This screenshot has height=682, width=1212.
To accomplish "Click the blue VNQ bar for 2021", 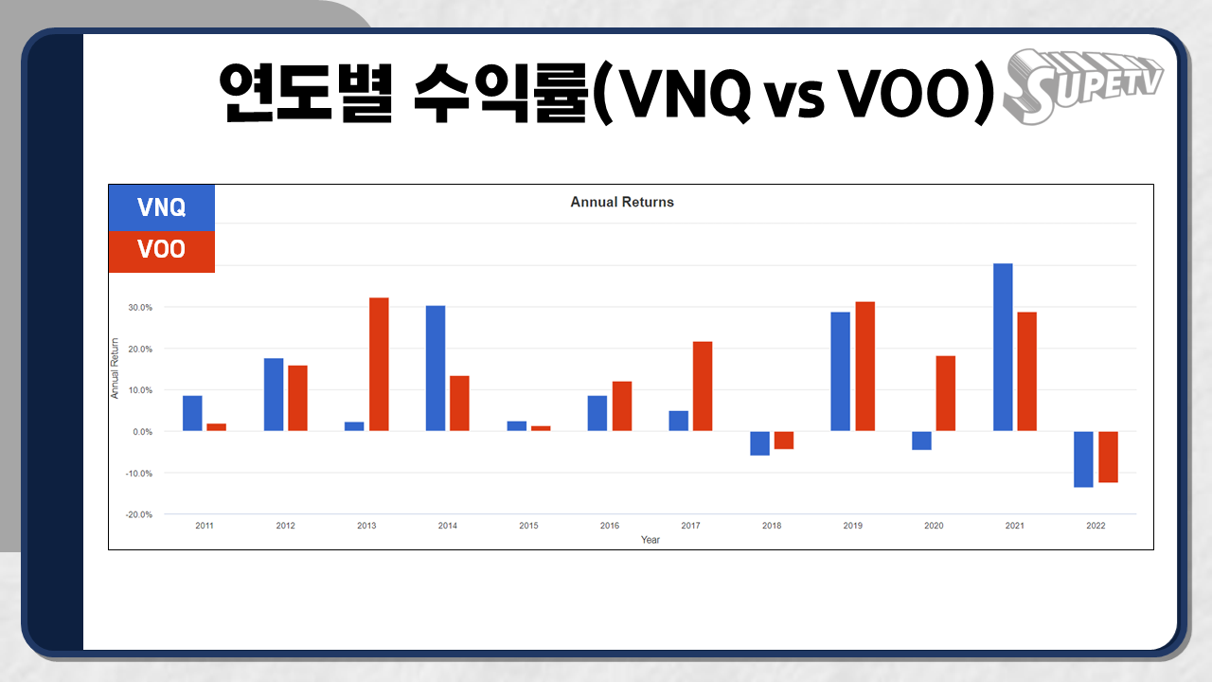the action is pos(1003,347).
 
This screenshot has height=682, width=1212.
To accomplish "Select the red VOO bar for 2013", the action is pos(379,365).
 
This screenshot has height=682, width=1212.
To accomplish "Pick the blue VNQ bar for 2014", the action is pos(436,368).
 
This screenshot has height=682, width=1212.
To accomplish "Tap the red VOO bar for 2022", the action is pos(1108,457).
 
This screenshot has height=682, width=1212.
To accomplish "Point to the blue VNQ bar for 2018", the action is pos(759,443).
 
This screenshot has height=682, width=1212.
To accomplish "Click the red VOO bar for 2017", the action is pos(703,386).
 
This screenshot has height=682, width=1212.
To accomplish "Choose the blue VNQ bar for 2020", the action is pos(921,440).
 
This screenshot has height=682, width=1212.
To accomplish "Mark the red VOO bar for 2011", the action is pos(217,427).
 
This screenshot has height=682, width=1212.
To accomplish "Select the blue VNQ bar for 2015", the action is pos(517,426).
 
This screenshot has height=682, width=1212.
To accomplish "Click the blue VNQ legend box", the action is pos(162,207).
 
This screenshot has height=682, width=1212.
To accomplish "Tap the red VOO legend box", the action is pos(162,252).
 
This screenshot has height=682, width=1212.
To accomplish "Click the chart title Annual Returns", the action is pos(622,202).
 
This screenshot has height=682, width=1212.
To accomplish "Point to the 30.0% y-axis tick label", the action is pos(140,308).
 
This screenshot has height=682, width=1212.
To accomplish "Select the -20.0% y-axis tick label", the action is pos(139,514).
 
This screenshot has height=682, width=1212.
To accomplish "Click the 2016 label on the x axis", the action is pos(610,526).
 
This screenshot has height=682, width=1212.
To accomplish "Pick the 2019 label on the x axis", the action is pos(853,526).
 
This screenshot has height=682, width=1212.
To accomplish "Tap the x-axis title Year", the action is pos(651,540).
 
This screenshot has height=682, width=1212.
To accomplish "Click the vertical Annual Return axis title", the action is pos(115,368).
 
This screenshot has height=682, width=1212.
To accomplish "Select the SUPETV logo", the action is pos(1082,86).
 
